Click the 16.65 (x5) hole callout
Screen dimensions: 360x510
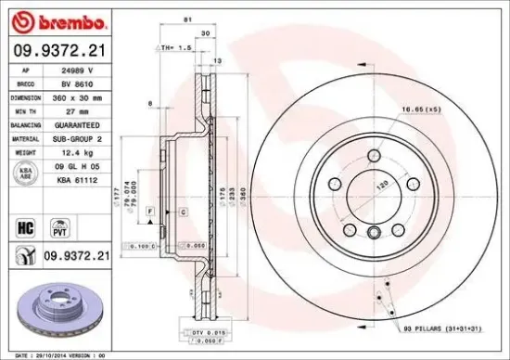tap(416, 109)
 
